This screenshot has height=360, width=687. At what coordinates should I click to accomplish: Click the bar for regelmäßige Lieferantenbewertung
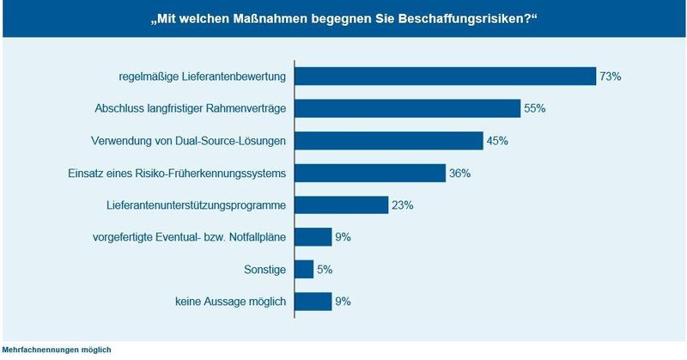(x=445, y=76)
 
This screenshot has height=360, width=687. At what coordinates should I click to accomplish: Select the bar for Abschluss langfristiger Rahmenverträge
(x=407, y=108)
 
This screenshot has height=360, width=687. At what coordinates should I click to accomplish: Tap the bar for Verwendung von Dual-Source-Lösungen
(x=389, y=141)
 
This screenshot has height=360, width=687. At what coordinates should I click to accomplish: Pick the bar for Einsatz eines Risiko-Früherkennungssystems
(x=370, y=173)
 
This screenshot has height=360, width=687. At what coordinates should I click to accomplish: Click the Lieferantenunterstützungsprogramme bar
(x=342, y=205)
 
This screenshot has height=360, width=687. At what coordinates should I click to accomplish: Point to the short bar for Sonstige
(x=304, y=270)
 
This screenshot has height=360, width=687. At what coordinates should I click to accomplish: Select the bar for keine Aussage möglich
(x=313, y=302)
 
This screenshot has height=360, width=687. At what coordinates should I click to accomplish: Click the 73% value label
(x=611, y=76)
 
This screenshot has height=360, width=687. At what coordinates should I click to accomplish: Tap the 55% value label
(x=535, y=109)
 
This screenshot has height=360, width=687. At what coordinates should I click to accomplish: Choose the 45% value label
(x=497, y=141)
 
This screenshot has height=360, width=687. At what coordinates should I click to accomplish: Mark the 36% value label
(x=459, y=174)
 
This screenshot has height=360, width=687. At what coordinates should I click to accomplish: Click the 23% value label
(x=403, y=205)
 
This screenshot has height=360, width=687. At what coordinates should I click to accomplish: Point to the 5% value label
(x=324, y=270)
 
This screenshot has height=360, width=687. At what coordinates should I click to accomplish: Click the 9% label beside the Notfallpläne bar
(x=342, y=237)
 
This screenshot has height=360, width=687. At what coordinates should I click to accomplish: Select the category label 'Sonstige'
(x=266, y=270)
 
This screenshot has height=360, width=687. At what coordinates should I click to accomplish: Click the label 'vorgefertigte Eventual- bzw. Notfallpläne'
(x=190, y=237)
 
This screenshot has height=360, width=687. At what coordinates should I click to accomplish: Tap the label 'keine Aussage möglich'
(x=227, y=302)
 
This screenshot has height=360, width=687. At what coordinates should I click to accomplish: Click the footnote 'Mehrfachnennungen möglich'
(x=56, y=350)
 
